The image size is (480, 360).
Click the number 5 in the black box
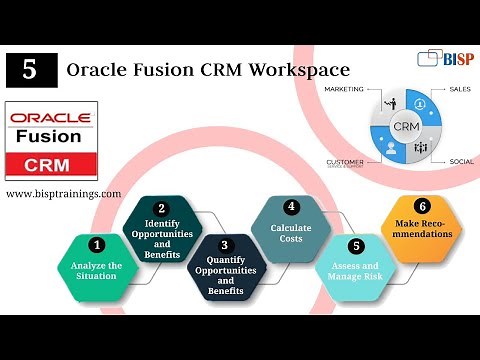[x=30, y=70]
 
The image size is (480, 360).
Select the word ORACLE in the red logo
[x=50, y=116]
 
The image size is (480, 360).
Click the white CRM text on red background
[x=50, y=163]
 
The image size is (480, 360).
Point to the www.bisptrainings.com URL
[x=64, y=193]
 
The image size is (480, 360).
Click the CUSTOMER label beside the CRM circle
[x=345, y=160]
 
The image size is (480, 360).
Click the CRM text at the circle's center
[x=405, y=127]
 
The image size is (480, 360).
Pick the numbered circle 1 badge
[x=97, y=244]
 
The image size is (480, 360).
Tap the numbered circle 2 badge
[x=161, y=208]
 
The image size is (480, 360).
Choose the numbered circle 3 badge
[x=225, y=245]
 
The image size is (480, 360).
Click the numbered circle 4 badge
[x=291, y=208]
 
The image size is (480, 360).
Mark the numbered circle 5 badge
[x=355, y=246]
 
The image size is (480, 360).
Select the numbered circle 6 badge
[x=421, y=206]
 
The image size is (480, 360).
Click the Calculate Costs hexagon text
[x=291, y=234]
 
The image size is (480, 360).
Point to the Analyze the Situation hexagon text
[x=97, y=271]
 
